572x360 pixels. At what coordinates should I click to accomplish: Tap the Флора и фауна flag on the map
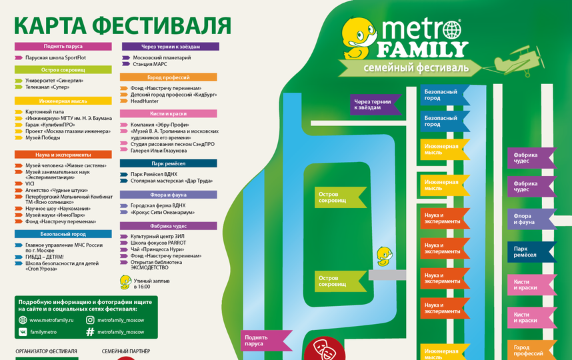(531, 218)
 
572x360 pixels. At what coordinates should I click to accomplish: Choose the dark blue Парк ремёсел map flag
(531, 252)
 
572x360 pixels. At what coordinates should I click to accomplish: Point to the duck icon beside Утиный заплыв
(125, 282)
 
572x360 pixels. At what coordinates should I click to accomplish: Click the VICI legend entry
(30, 183)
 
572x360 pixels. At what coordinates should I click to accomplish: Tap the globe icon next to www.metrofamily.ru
(22, 320)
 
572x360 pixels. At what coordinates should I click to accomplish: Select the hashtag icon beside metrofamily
(89, 331)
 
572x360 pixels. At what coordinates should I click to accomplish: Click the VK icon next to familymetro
(22, 331)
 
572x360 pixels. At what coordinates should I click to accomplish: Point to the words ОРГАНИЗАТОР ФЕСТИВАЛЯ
(46, 351)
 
